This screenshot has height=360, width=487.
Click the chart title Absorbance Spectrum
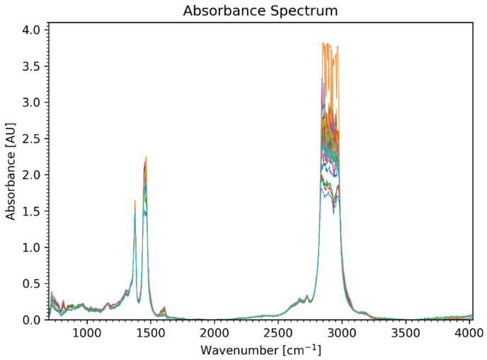(x=260, y=11)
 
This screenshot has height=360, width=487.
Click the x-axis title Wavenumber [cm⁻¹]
(x=260, y=350)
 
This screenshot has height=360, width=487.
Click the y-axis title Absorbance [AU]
(x=11, y=171)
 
